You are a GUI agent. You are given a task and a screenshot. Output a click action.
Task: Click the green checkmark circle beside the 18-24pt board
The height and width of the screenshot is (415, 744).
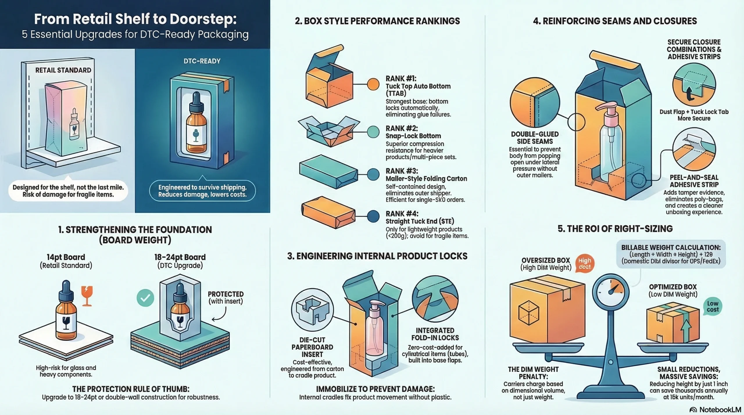145,298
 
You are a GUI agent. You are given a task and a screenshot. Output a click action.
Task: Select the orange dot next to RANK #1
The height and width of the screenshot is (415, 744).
373,84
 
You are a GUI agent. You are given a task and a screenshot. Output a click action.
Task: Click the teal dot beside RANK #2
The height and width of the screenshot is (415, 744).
373,132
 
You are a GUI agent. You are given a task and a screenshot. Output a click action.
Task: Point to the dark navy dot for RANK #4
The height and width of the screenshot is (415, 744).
373,216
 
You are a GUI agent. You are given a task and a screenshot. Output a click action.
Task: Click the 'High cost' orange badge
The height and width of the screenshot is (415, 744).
584,263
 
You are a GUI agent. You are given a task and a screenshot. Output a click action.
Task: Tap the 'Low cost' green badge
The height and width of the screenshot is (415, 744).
713,306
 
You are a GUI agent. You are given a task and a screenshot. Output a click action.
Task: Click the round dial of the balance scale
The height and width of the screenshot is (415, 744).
611,291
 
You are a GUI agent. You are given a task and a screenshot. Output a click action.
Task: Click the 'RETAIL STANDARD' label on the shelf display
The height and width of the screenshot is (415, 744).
63,70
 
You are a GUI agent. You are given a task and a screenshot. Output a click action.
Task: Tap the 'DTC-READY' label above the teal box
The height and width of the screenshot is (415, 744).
202,61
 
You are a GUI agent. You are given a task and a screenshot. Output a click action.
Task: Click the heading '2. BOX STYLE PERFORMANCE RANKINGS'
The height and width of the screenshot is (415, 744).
377,21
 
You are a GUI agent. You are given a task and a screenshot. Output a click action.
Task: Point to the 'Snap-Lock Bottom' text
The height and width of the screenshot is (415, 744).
413,136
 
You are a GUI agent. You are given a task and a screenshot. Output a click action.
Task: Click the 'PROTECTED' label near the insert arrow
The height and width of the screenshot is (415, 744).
226,294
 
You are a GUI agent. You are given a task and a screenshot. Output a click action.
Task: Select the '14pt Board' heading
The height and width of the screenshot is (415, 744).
66,257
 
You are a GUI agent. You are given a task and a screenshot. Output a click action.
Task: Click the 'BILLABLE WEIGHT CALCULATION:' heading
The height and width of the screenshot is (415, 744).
671,247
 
